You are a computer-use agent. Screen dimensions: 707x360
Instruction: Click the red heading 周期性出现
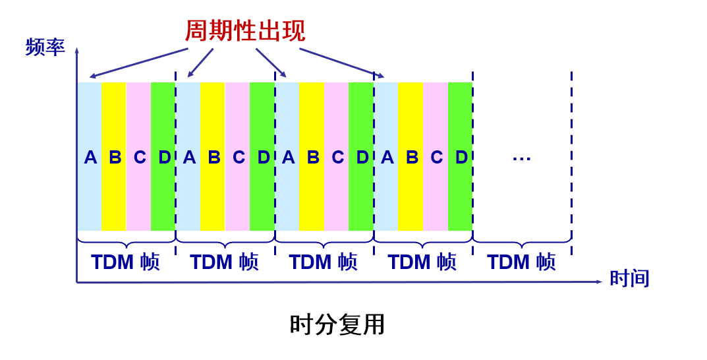click(x=244, y=30)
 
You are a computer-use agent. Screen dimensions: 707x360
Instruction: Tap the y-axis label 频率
click(x=45, y=47)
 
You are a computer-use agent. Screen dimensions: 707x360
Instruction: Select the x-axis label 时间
click(x=629, y=278)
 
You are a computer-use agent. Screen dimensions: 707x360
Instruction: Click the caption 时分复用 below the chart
click(x=337, y=324)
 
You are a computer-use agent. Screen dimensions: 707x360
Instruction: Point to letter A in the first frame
click(x=90, y=158)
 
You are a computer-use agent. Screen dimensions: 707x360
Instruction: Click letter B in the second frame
click(x=214, y=158)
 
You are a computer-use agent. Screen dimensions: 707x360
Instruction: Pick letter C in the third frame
click(x=338, y=158)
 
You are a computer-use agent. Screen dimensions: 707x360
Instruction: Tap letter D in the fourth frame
click(x=461, y=158)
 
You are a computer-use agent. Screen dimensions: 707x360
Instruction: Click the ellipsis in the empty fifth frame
click(x=521, y=158)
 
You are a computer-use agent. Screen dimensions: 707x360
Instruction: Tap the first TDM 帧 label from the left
click(x=125, y=262)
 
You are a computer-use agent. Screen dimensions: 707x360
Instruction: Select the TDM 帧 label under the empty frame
click(x=521, y=262)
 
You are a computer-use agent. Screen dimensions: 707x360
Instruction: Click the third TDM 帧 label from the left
click(x=323, y=262)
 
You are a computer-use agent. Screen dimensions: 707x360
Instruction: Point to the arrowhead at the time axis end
click(x=599, y=282)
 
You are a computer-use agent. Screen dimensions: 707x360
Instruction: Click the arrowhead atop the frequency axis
click(x=77, y=50)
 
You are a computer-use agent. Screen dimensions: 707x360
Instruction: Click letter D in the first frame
click(x=164, y=158)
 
